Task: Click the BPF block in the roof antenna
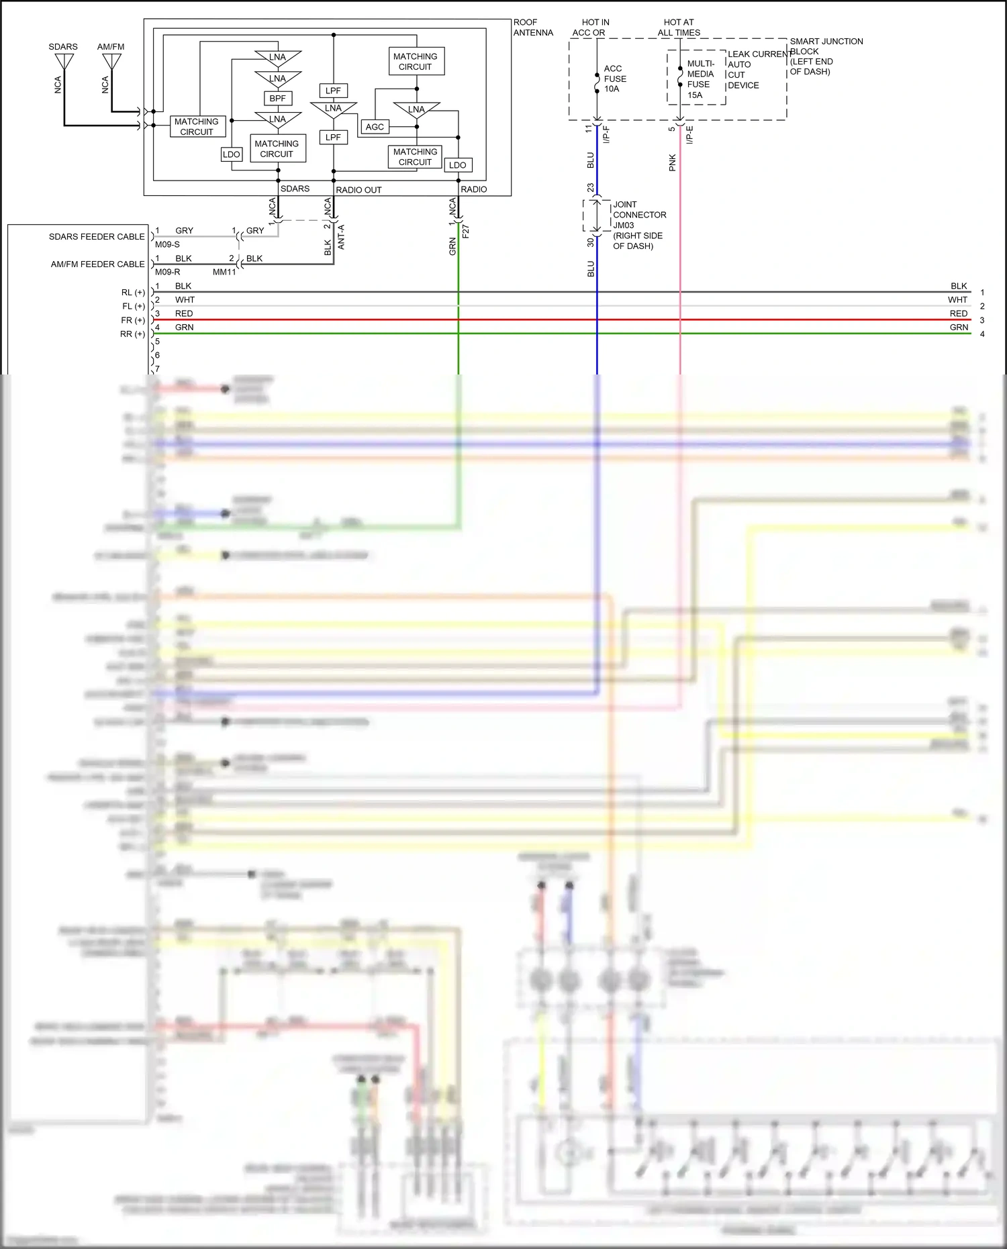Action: click(x=277, y=98)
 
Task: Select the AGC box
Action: click(x=375, y=126)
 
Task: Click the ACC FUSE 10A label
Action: click(x=614, y=79)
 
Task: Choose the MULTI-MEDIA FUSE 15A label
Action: click(x=700, y=79)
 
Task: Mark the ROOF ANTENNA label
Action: click(x=533, y=28)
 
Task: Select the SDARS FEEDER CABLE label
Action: click(x=97, y=236)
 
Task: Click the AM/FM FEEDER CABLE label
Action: click(x=97, y=264)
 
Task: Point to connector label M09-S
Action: click(x=167, y=244)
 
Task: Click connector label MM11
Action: click(x=224, y=272)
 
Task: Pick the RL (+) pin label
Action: click(x=133, y=293)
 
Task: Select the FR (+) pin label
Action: click(x=133, y=320)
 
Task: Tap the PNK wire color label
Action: click(x=672, y=162)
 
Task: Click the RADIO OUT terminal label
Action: click(x=358, y=190)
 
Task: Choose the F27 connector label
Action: click(x=466, y=231)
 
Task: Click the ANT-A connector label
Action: click(x=341, y=237)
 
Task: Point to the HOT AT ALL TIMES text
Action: click(x=679, y=28)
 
